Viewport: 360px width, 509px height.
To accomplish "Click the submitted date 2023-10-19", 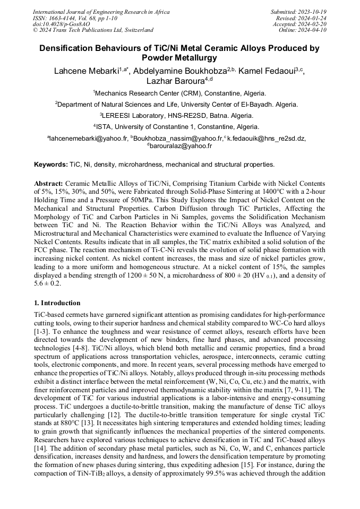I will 312,12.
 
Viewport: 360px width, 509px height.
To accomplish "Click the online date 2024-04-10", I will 314,30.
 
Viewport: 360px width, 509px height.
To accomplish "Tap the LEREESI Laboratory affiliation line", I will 180,115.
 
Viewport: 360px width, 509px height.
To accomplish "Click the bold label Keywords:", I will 50,165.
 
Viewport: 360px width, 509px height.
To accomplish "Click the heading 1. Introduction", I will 57,303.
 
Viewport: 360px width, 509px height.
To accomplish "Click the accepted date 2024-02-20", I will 314,24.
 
